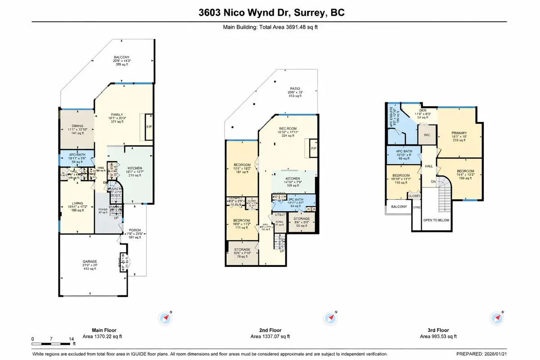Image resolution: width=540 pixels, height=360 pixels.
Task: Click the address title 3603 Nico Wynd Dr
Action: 270,13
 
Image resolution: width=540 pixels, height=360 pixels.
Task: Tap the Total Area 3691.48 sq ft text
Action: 270,27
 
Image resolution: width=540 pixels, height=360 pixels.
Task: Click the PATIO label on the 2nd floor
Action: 295,89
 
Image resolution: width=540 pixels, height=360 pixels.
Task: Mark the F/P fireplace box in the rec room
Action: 310,148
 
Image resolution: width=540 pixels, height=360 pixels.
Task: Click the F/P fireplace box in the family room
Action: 148,126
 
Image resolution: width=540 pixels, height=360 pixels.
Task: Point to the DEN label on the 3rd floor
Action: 422,110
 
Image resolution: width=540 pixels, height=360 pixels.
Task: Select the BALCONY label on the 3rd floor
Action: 399,207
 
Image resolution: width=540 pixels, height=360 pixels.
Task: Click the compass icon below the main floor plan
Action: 165,319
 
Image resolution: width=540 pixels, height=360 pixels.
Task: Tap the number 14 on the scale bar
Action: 71,338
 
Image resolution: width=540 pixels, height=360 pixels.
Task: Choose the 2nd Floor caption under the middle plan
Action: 270,330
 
